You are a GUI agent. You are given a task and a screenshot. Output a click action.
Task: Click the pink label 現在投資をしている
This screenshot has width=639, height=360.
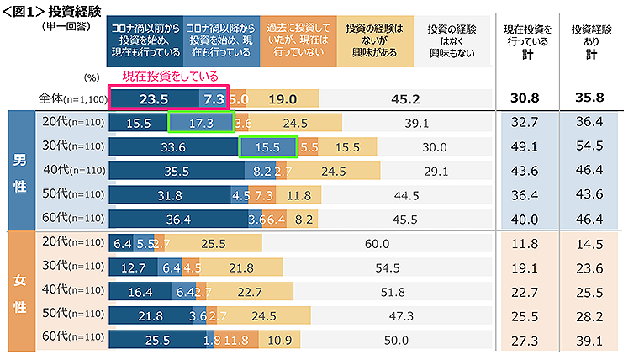[171, 77]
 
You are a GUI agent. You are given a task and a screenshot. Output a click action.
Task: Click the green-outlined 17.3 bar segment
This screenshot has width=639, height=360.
[200, 123]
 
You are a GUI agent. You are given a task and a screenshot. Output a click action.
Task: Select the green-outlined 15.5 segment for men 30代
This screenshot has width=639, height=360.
[268, 147]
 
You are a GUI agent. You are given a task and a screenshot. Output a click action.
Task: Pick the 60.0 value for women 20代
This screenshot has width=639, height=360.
[377, 244]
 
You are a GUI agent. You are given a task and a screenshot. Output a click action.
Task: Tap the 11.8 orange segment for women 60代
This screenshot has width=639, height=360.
[237, 341]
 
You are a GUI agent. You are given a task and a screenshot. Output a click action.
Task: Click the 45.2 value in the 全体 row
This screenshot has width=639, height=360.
[405, 98]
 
